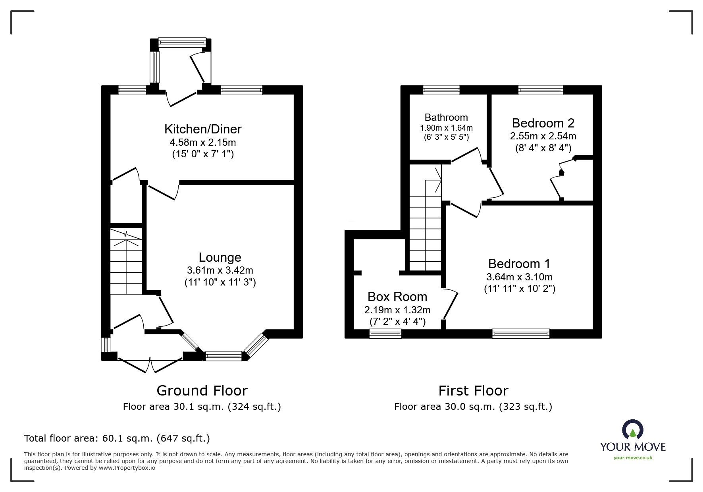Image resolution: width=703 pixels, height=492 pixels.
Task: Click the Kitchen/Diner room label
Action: click(203, 129)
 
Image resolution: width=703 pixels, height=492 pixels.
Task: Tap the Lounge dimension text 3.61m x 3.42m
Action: click(220, 271)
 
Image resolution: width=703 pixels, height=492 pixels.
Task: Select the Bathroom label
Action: click(446, 117)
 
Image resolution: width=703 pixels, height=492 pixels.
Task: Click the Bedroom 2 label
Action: click(543, 123)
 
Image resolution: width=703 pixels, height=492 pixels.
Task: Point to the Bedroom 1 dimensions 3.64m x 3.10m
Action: click(519, 277)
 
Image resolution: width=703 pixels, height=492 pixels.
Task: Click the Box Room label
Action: click(397, 297)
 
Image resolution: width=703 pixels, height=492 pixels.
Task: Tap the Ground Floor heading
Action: click(202, 391)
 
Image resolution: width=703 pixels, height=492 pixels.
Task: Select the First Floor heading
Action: click(473, 391)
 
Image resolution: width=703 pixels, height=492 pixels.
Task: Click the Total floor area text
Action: click(117, 438)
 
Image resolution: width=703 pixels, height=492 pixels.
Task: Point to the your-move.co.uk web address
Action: click(633, 458)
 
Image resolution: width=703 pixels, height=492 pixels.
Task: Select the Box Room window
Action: click(385, 334)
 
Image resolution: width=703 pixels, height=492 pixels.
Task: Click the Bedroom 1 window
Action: click(521, 334)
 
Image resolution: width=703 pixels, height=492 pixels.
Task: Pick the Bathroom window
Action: click(441, 90)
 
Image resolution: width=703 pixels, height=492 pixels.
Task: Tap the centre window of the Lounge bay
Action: click(223, 356)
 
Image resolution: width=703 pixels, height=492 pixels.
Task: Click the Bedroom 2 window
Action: click(540, 90)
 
